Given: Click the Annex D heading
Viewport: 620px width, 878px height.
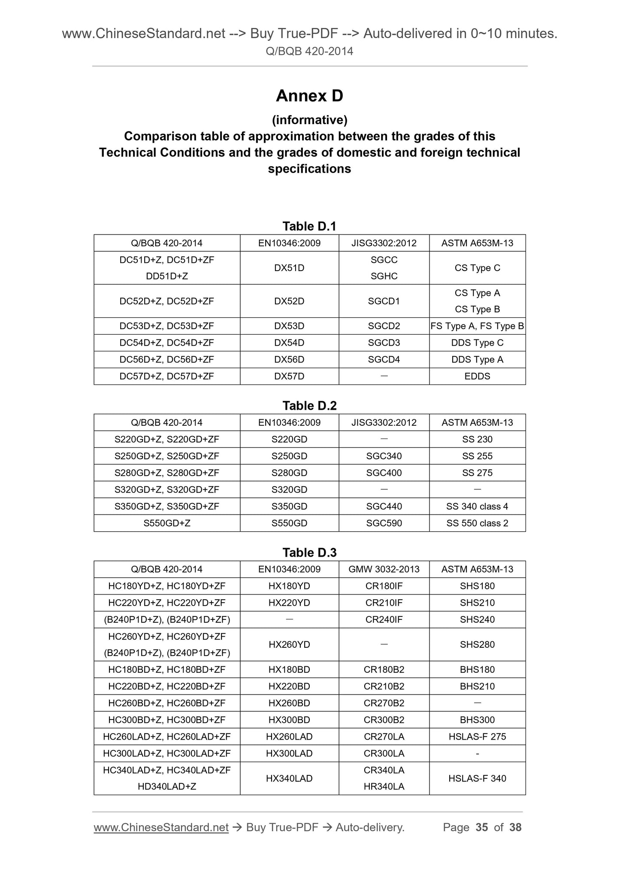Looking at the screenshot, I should (x=309, y=96).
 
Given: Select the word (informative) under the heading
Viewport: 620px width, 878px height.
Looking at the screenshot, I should (x=309, y=120).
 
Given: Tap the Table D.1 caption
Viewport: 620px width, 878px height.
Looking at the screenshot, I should (x=309, y=226).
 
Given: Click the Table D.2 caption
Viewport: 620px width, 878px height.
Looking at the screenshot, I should (x=309, y=405).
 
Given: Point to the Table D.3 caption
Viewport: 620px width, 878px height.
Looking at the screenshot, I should (x=309, y=552).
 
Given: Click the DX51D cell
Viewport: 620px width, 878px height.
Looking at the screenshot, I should (x=289, y=268).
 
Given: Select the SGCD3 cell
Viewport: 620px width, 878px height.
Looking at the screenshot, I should (x=384, y=343).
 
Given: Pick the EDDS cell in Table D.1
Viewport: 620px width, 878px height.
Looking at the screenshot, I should (x=477, y=376).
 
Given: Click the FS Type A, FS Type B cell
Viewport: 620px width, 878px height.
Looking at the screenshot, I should (x=477, y=326).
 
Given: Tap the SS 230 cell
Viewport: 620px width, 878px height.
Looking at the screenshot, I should (x=477, y=439).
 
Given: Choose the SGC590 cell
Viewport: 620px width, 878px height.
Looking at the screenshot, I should (x=384, y=523).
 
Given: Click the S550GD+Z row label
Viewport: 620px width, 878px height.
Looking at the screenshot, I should (x=167, y=523).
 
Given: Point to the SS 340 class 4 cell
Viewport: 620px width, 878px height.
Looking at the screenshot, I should (x=477, y=506).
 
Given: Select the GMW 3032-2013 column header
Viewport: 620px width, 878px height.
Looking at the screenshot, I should (x=384, y=569).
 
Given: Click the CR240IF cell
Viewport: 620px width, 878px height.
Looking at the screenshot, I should (x=384, y=619).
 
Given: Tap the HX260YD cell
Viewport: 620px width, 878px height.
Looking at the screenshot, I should (x=289, y=644).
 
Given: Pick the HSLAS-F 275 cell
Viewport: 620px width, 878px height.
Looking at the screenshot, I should (x=477, y=737).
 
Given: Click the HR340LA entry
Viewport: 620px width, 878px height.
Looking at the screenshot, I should (x=384, y=787).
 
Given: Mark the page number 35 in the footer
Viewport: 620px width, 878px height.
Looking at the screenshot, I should (x=482, y=827).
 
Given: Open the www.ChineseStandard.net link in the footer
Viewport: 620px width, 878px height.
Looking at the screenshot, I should (x=161, y=827).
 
